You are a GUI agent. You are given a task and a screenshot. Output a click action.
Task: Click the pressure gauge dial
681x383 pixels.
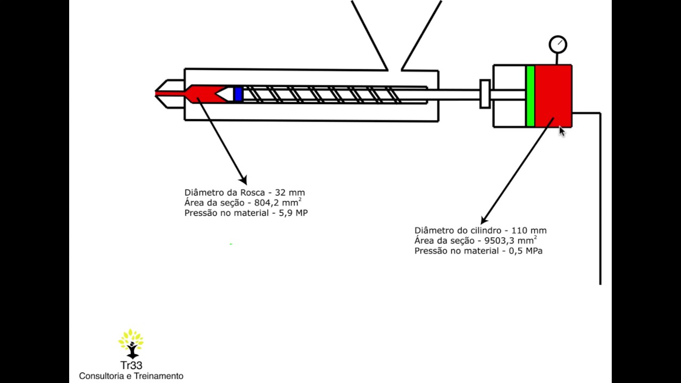coord(558,45)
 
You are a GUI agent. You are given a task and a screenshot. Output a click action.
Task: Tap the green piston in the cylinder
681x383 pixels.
coord(530,96)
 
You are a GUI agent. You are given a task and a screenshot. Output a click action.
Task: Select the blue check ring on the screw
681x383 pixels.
coord(238,94)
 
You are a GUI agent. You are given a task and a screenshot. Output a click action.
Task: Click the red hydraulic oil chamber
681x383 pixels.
coord(553,96)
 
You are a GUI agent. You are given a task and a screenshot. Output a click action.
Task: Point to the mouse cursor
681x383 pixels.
coord(562,131)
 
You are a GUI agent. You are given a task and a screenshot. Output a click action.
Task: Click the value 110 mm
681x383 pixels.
coord(529,230)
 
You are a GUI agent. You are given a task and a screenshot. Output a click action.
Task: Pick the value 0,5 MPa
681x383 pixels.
coord(526,251)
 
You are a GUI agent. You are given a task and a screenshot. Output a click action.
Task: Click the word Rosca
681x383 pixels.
coord(253,193)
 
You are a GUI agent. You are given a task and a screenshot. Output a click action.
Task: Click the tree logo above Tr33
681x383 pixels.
coord(131,344)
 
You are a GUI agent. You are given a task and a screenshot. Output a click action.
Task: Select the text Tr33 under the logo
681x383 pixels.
coord(131,365)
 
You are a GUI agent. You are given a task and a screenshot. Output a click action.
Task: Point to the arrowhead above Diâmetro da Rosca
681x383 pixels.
coord(244,180)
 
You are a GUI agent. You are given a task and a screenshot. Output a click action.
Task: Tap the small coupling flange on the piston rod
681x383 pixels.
coord(485,94)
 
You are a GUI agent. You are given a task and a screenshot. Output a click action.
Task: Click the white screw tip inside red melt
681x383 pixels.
coord(226,94)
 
